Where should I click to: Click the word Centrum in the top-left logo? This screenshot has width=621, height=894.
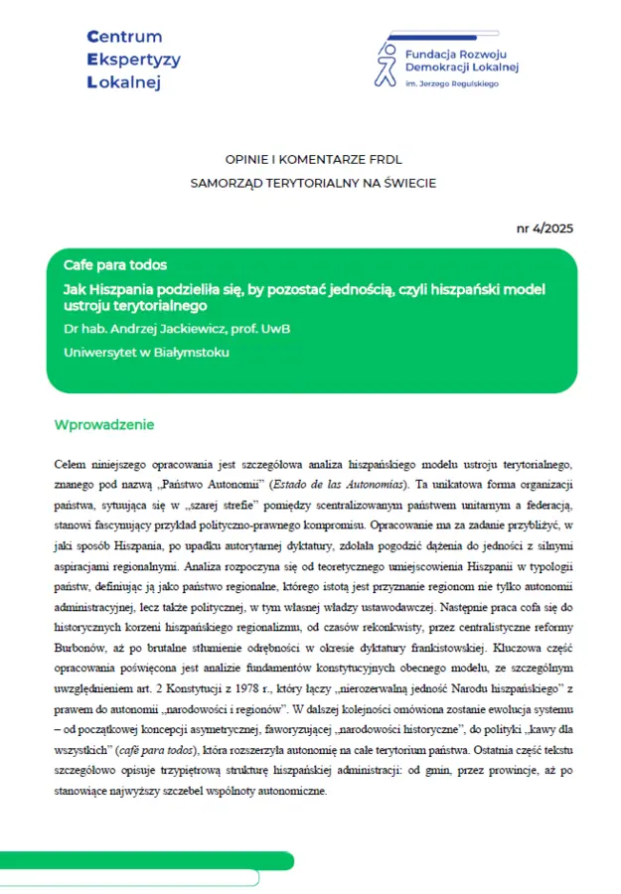126,37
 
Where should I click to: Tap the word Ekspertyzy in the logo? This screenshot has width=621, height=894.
134,60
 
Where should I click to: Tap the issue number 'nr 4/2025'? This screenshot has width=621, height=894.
544,228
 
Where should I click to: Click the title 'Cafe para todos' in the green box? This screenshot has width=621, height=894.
114,266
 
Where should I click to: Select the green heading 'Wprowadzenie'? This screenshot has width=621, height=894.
104,425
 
